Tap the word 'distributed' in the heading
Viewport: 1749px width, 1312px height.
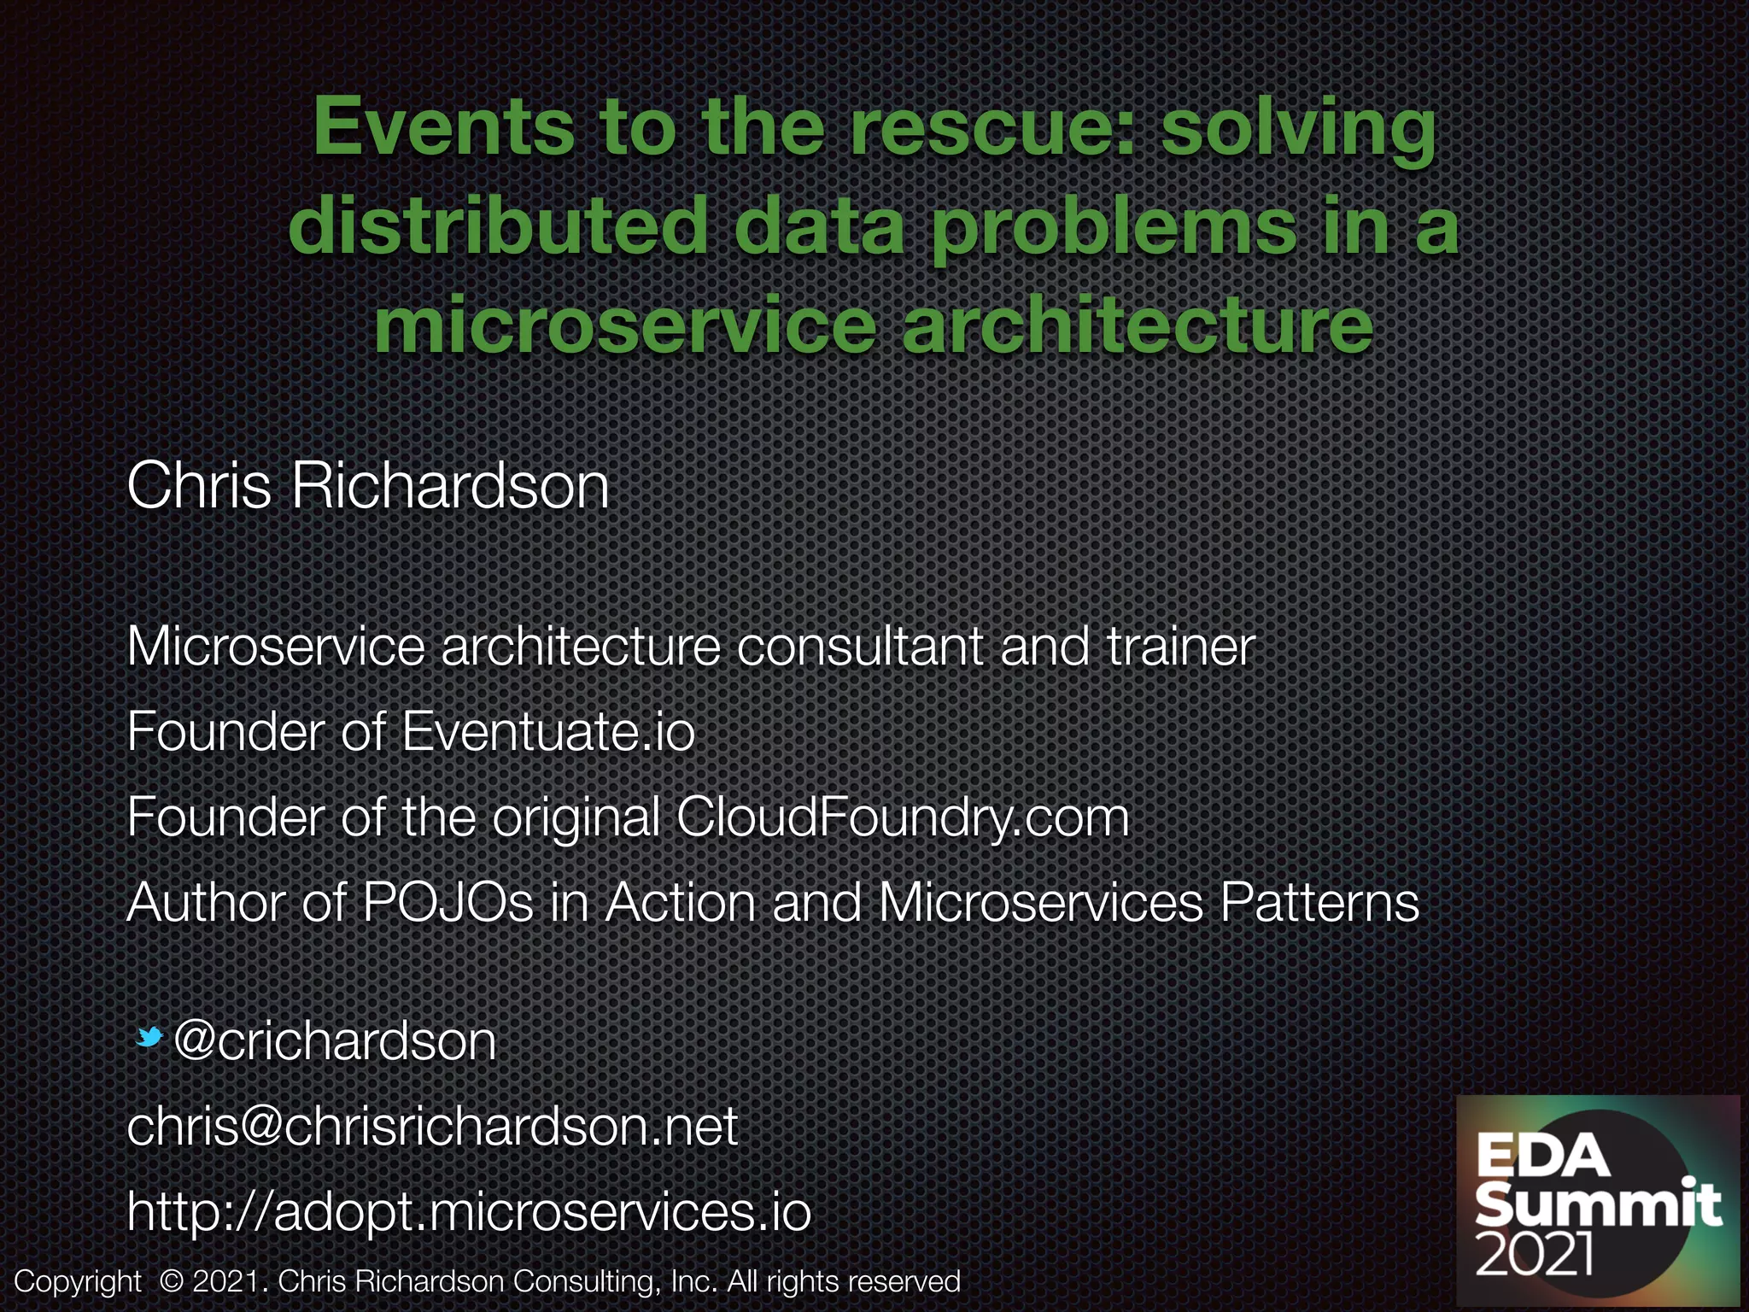497,226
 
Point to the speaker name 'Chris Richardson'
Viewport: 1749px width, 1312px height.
367,486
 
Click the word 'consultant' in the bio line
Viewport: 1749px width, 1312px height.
859,647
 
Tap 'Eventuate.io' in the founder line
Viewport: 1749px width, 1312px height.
547,732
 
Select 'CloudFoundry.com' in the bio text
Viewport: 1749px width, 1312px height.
903,817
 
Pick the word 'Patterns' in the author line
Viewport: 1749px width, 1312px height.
1319,903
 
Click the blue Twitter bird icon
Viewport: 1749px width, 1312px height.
150,1038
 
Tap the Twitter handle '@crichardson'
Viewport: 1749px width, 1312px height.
334,1041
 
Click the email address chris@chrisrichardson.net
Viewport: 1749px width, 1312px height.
432,1127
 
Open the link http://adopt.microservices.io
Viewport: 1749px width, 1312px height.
469,1212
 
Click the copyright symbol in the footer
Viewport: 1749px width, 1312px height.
172,1281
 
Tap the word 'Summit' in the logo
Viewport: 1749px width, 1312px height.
1598,1205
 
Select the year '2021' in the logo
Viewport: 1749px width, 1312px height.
1535,1253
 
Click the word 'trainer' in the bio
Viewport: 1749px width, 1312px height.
1180,647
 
